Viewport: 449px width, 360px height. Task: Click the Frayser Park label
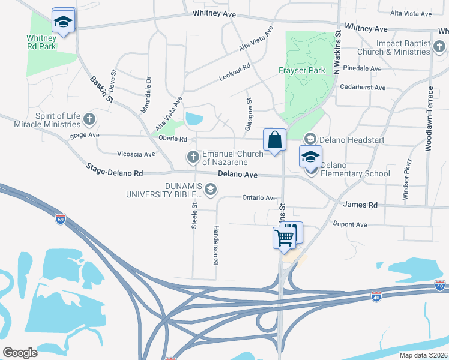point(302,70)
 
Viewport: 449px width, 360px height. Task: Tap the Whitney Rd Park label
point(41,42)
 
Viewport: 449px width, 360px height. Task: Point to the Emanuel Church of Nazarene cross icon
point(193,157)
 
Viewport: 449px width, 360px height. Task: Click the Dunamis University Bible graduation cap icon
point(210,190)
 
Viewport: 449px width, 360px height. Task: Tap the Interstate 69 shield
point(60,220)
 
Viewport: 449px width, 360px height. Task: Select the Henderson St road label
point(215,245)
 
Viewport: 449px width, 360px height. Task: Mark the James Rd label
point(360,205)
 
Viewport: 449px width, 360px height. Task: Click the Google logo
point(20,353)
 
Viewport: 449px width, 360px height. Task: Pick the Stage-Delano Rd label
point(114,170)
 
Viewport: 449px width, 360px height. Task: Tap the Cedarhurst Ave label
point(363,87)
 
